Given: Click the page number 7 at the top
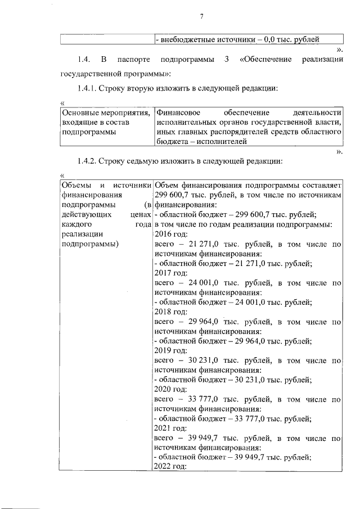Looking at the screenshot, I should click(x=201, y=16).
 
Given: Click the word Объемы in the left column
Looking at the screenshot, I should click(x=74, y=185).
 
